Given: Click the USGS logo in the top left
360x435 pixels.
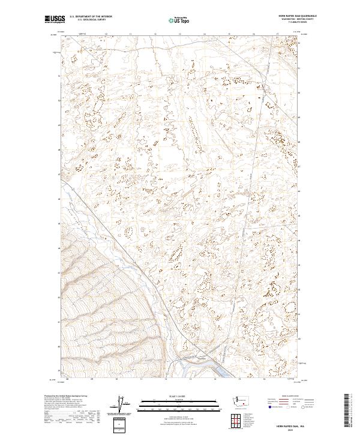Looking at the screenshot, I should coord(55,20).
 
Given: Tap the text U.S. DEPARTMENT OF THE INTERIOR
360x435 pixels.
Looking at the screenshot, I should coord(91,17).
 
